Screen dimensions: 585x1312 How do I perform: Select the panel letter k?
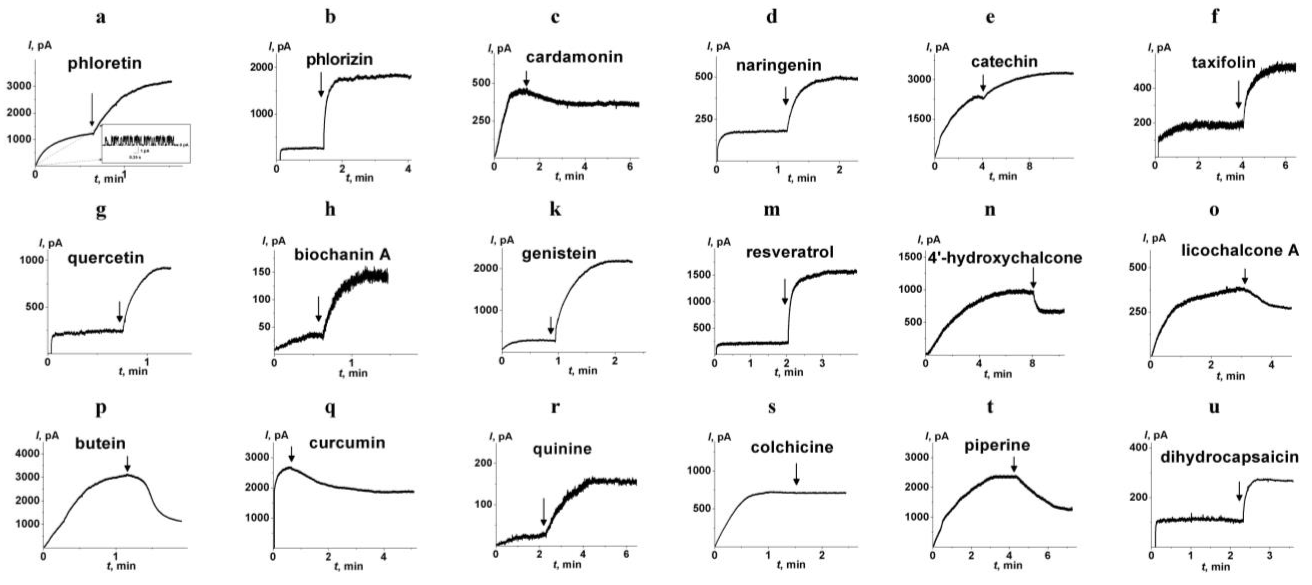click(x=555, y=209)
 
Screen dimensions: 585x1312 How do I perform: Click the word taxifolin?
click(x=1223, y=63)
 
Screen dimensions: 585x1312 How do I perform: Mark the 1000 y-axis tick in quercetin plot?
click(x=32, y=260)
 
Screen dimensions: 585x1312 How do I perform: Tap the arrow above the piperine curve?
click(x=1013, y=464)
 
